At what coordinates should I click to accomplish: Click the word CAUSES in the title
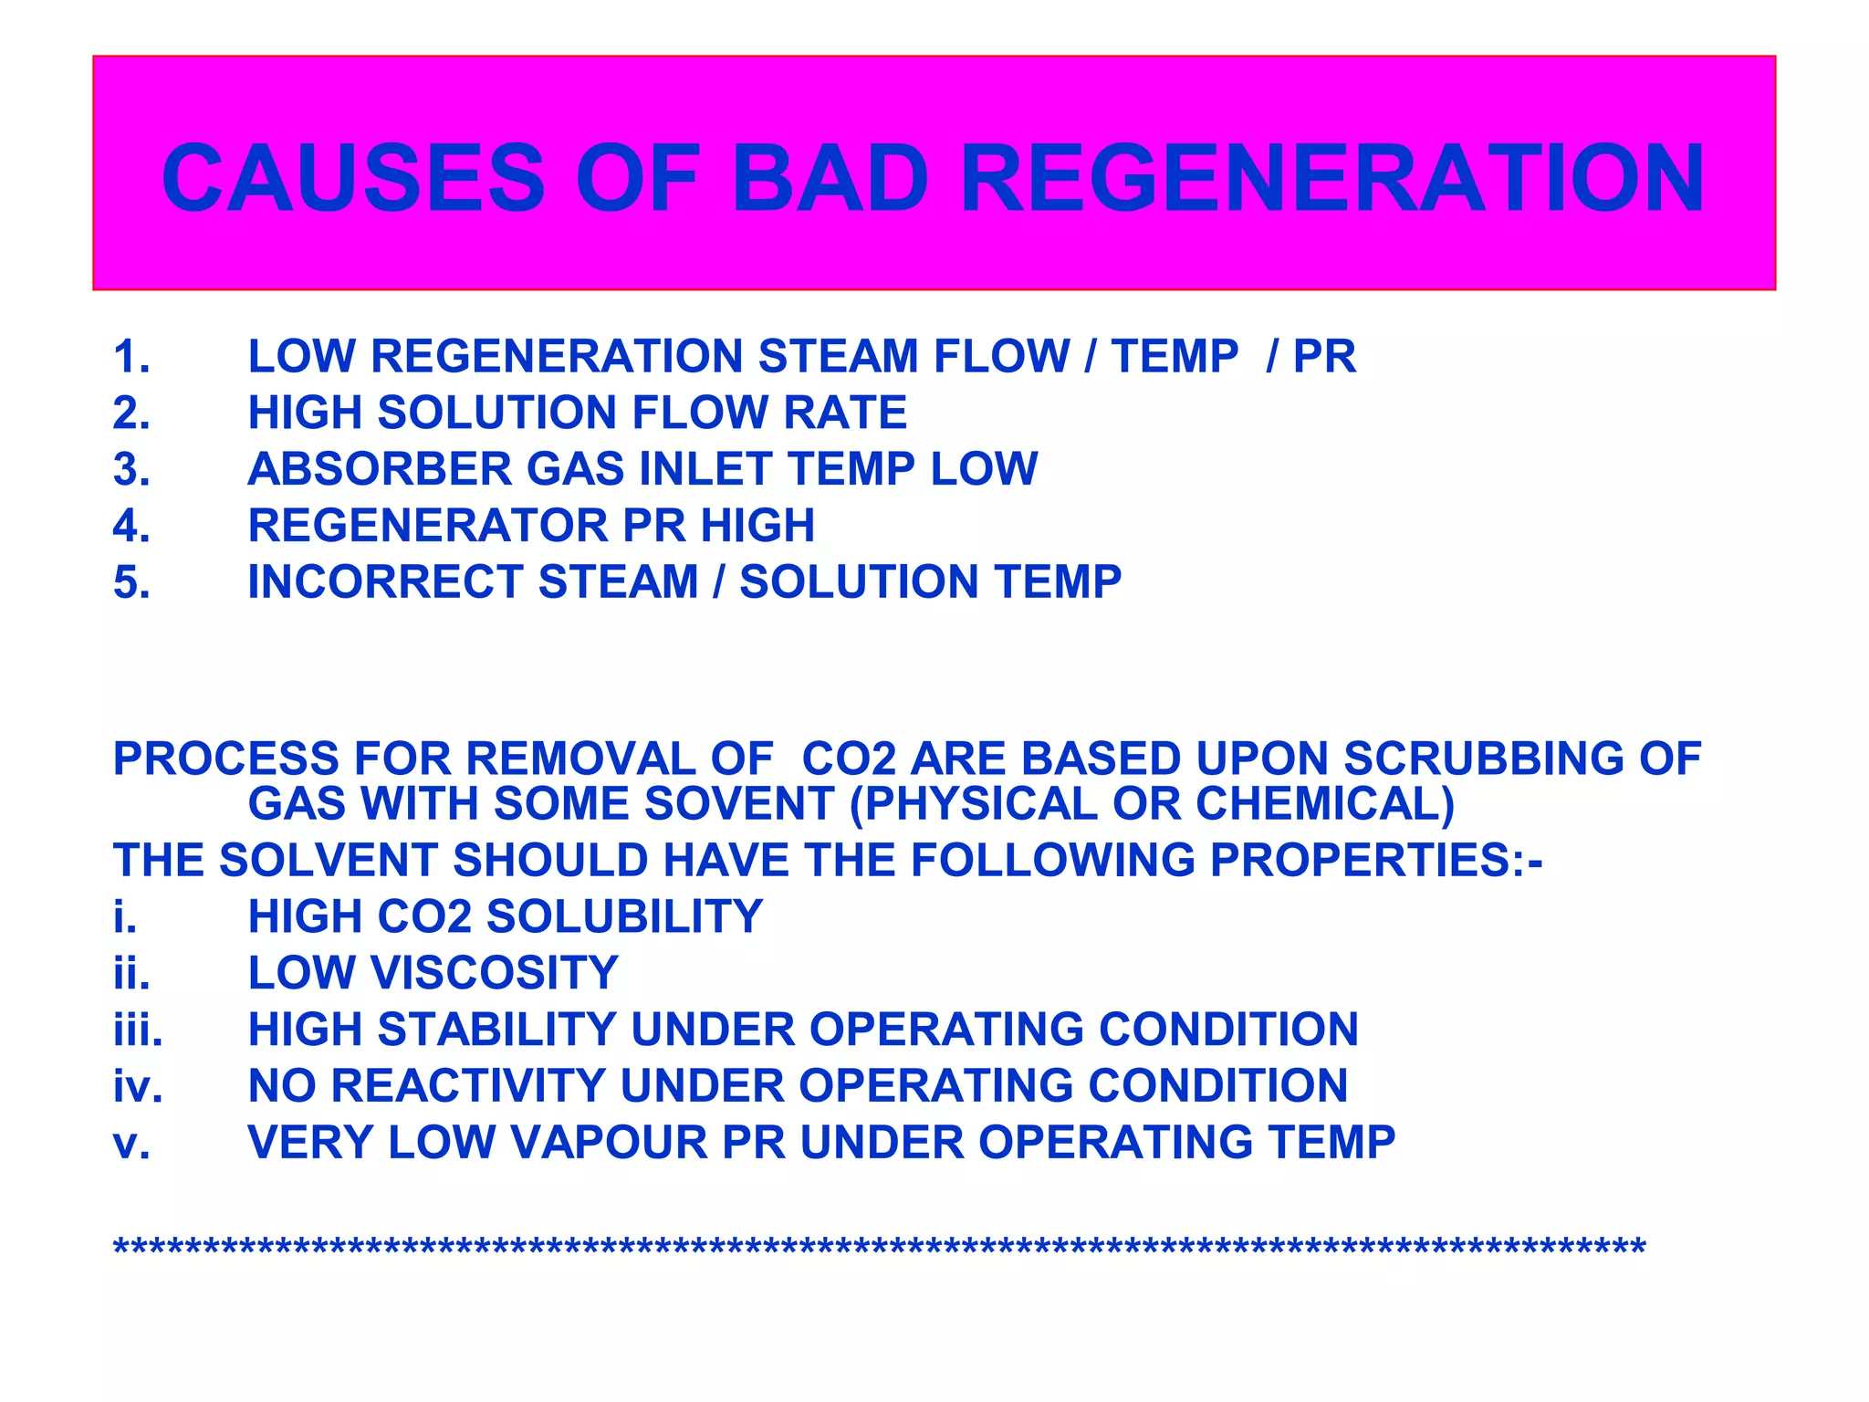353,179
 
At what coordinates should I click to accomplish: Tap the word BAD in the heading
830,179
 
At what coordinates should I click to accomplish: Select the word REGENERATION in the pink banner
1332,179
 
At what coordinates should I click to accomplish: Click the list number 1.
131,357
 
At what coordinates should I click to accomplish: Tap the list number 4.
131,526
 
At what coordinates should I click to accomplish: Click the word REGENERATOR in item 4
427,526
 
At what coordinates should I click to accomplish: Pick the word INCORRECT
384,582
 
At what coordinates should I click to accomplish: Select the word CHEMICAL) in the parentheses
1324,804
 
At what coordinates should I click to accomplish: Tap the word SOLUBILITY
624,917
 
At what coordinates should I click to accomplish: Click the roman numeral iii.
138,1031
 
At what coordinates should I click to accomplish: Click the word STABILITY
496,1031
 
